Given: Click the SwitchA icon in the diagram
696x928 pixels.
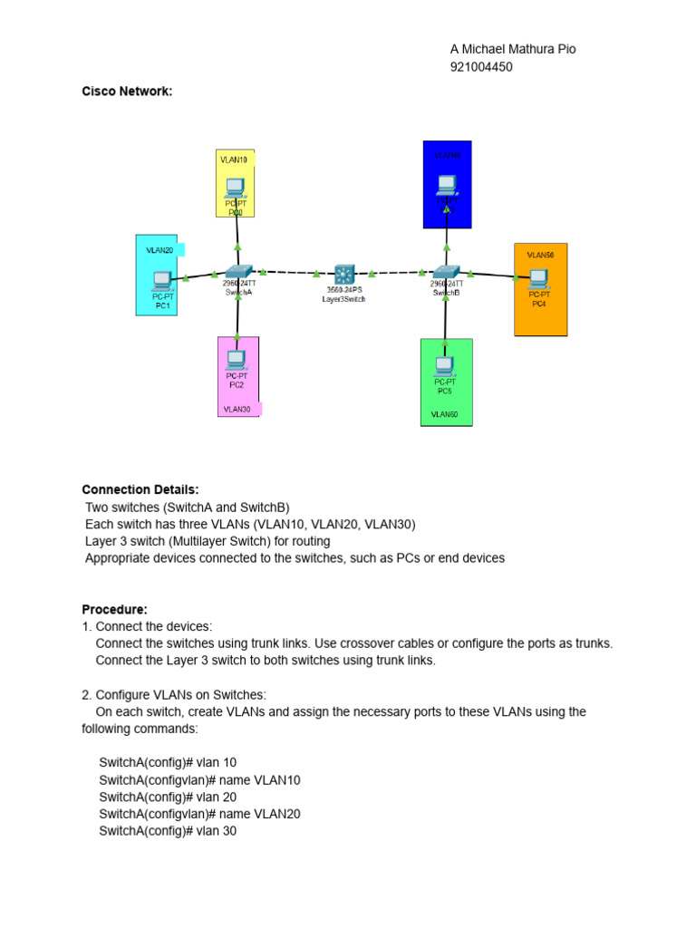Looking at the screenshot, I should pyautogui.click(x=238, y=271).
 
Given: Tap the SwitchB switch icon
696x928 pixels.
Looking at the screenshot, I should pyautogui.click(x=446, y=271).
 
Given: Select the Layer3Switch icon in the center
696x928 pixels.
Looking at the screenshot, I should pyautogui.click(x=344, y=275).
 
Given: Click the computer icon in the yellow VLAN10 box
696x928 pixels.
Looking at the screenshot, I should pyautogui.click(x=235, y=187).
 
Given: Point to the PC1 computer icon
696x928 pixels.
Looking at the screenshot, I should pyautogui.click(x=163, y=279).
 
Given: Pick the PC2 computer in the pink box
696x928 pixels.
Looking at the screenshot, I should pyautogui.click(x=237, y=360).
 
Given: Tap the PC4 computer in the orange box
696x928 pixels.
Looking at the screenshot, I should pyautogui.click(x=539, y=277).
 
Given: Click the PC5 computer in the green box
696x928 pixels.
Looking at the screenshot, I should pyautogui.click(x=444, y=365).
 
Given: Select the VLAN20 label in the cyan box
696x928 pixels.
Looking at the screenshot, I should pyautogui.click(x=159, y=249).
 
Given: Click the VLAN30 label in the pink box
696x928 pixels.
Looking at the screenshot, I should pyautogui.click(x=237, y=410).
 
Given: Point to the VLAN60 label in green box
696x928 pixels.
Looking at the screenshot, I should pyautogui.click(x=444, y=414).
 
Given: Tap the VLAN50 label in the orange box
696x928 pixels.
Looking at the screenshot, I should pyautogui.click(x=540, y=255).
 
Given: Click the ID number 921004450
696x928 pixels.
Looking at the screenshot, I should pyautogui.click(x=480, y=66).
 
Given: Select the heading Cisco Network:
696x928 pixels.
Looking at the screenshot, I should pyautogui.click(x=127, y=91).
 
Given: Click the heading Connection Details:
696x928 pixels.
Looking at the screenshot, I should pyautogui.click(x=140, y=489).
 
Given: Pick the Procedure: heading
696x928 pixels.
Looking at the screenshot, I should pyautogui.click(x=114, y=609).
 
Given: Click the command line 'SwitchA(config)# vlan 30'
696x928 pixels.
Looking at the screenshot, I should pyautogui.click(x=168, y=830).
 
